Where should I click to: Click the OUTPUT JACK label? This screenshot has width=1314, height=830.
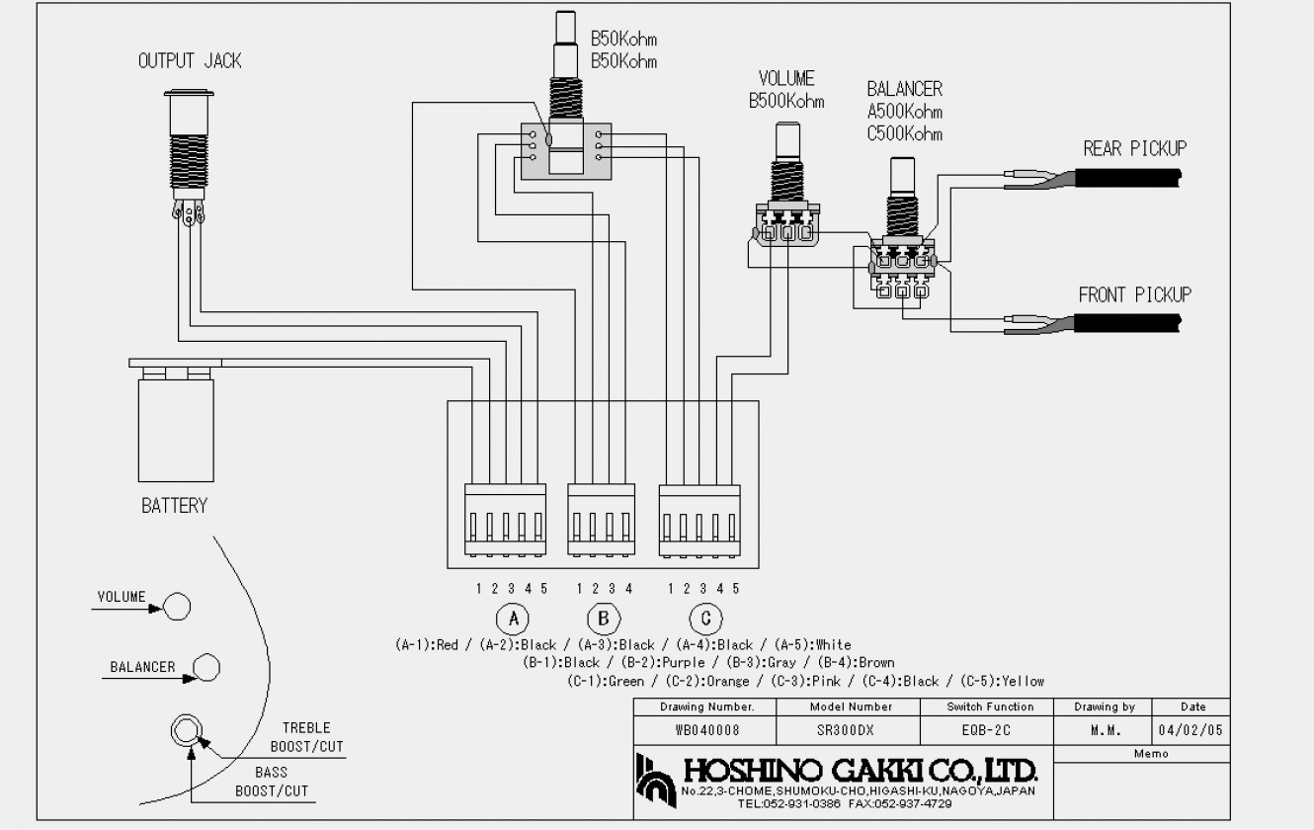pyautogui.click(x=190, y=61)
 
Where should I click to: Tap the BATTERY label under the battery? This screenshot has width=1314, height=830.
pyautogui.click(x=175, y=506)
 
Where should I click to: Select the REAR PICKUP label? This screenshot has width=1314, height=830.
pyautogui.click(x=1134, y=149)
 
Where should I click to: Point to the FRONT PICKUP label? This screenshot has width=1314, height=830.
pyautogui.click(x=1134, y=294)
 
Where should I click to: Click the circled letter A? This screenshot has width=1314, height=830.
pyautogui.click(x=512, y=619)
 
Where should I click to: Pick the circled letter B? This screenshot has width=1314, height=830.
pyautogui.click(x=602, y=619)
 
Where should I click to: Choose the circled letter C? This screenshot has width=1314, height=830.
pyautogui.click(x=705, y=619)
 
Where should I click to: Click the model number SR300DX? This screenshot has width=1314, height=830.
pyautogui.click(x=850, y=730)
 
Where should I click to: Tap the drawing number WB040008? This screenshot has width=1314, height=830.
pyautogui.click(x=705, y=730)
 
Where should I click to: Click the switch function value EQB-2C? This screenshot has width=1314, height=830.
pyautogui.click(x=990, y=730)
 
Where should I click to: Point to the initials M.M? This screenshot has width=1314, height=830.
pyautogui.click(x=1104, y=730)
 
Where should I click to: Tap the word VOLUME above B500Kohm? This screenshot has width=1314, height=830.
pyautogui.click(x=786, y=79)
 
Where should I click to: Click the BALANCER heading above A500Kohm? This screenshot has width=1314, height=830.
pyautogui.click(x=904, y=90)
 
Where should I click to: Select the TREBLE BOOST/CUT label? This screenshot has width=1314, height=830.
pyautogui.click(x=306, y=737)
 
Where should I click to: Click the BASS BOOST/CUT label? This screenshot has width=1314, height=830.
pyautogui.click(x=272, y=781)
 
